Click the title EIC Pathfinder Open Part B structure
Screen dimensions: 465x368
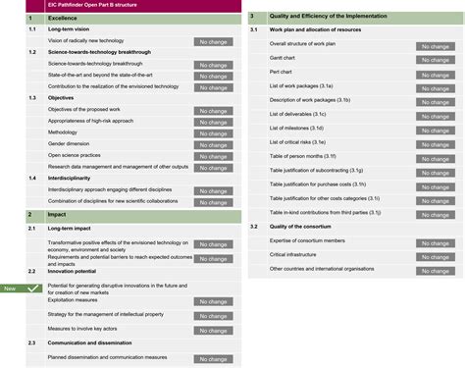pyautogui.click(x=94, y=5)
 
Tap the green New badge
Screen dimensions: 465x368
pyautogui.click(x=11, y=289)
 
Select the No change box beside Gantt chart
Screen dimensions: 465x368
pyautogui.click(x=436, y=60)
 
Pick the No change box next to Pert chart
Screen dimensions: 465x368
pyautogui.click(x=436, y=74)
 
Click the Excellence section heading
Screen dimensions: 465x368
pyautogui.click(x=62, y=18)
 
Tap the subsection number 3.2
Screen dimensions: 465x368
pyautogui.click(x=253, y=226)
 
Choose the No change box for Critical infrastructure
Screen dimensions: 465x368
pyautogui.click(x=436, y=254)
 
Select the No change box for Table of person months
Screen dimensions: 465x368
pyautogui.click(x=436, y=156)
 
